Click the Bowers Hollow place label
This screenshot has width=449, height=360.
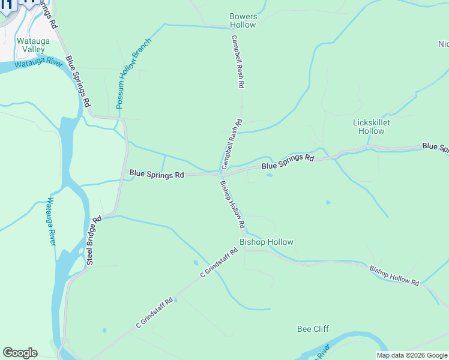pyautogui.click(x=243, y=21)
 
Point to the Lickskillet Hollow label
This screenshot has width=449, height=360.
pyautogui.click(x=371, y=127)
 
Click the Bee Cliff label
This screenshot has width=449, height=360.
pyautogui.click(x=313, y=329)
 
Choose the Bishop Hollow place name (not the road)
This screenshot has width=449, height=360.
pyautogui.click(x=267, y=242)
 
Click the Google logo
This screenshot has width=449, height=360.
pyautogui.click(x=20, y=353)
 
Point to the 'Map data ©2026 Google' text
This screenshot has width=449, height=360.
pyautogui.click(x=412, y=355)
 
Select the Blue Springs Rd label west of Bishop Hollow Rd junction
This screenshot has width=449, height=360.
pyautogui.click(x=157, y=174)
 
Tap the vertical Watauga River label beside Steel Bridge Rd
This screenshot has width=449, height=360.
pyautogui.click(x=52, y=221)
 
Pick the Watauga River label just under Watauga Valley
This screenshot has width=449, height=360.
pyautogui.click(x=38, y=63)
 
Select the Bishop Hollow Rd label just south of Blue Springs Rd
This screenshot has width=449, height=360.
pyautogui.click(x=232, y=204)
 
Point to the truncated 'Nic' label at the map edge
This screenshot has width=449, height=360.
pyautogui.click(x=443, y=44)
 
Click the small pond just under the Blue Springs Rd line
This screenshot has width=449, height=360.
pyautogui.click(x=268, y=176)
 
